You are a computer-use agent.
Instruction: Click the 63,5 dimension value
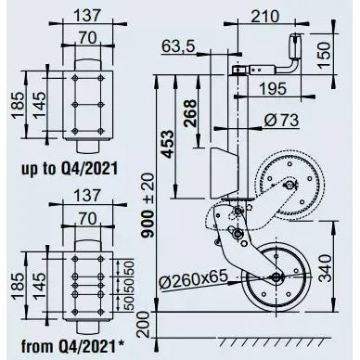[x=178, y=47]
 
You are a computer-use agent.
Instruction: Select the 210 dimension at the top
[x=264, y=17]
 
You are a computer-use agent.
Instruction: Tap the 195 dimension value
[x=273, y=89]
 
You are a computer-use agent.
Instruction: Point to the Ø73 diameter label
[x=281, y=120]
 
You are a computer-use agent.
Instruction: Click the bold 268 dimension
[x=189, y=113]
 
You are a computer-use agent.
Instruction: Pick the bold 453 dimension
[x=168, y=144]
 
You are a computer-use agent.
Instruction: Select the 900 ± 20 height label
[x=148, y=205]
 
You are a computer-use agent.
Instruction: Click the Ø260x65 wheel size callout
[x=194, y=277]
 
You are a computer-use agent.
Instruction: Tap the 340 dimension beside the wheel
[x=325, y=268]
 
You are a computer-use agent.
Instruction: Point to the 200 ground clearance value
[x=143, y=325]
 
